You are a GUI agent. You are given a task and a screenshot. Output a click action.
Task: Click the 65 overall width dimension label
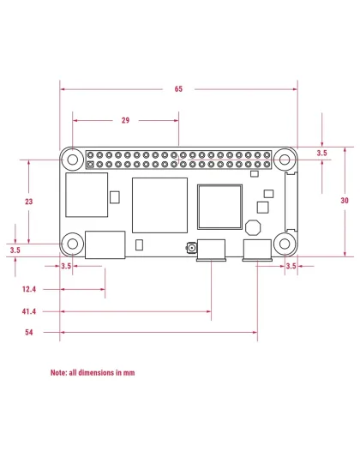pos(178,88)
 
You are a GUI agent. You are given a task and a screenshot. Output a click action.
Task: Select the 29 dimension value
pos(125,121)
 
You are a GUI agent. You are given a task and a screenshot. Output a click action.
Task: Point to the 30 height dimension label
pos(345,200)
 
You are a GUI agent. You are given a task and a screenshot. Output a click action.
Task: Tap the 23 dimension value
pos(29,200)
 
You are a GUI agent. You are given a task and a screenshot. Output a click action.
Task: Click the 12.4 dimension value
pos(29,290)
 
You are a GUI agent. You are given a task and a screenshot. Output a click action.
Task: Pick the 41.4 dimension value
pos(29,311)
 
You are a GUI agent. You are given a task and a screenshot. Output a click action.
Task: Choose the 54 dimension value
pos(29,332)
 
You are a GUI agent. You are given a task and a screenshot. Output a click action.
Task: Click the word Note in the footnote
pos(58,373)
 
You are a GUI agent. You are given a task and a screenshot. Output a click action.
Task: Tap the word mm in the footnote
pos(129,373)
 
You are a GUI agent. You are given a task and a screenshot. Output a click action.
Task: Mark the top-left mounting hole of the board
pos(74,160)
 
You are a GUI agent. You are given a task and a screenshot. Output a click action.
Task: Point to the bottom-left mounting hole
pos(74,244)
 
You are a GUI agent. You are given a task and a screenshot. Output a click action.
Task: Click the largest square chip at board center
pos(159,205)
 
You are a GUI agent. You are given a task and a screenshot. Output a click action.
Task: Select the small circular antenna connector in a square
pos(189,250)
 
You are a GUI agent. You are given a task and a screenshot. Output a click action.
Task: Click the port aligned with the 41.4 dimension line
pos(211,250)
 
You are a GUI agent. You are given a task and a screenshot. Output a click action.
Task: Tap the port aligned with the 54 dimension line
pos(256,250)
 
